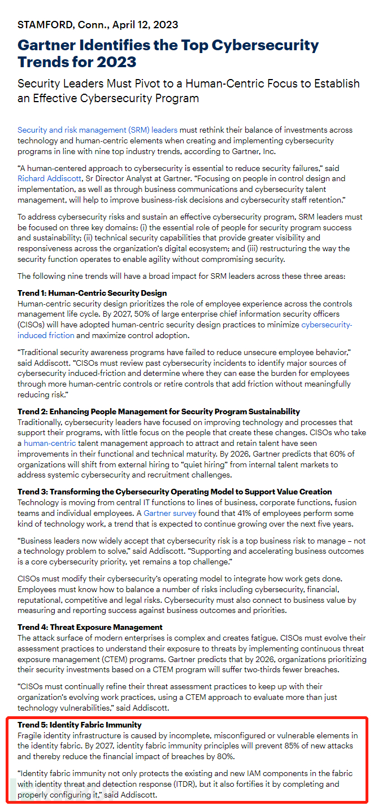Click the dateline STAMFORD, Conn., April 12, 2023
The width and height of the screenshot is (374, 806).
pyautogui.click(x=98, y=25)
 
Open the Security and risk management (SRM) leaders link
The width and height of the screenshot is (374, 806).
pyautogui.click(x=97, y=130)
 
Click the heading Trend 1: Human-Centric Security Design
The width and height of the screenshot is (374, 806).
pyautogui.click(x=92, y=294)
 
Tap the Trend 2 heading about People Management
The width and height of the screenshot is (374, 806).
pyautogui.click(x=159, y=411)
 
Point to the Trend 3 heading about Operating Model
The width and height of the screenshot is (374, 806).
pyautogui.click(x=175, y=492)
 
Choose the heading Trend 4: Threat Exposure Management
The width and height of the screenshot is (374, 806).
pyautogui.click(x=90, y=627)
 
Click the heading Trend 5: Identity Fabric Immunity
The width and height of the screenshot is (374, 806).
pyautogui.click(x=80, y=725)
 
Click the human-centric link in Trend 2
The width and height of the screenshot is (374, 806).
pyautogui.click(x=50, y=444)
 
